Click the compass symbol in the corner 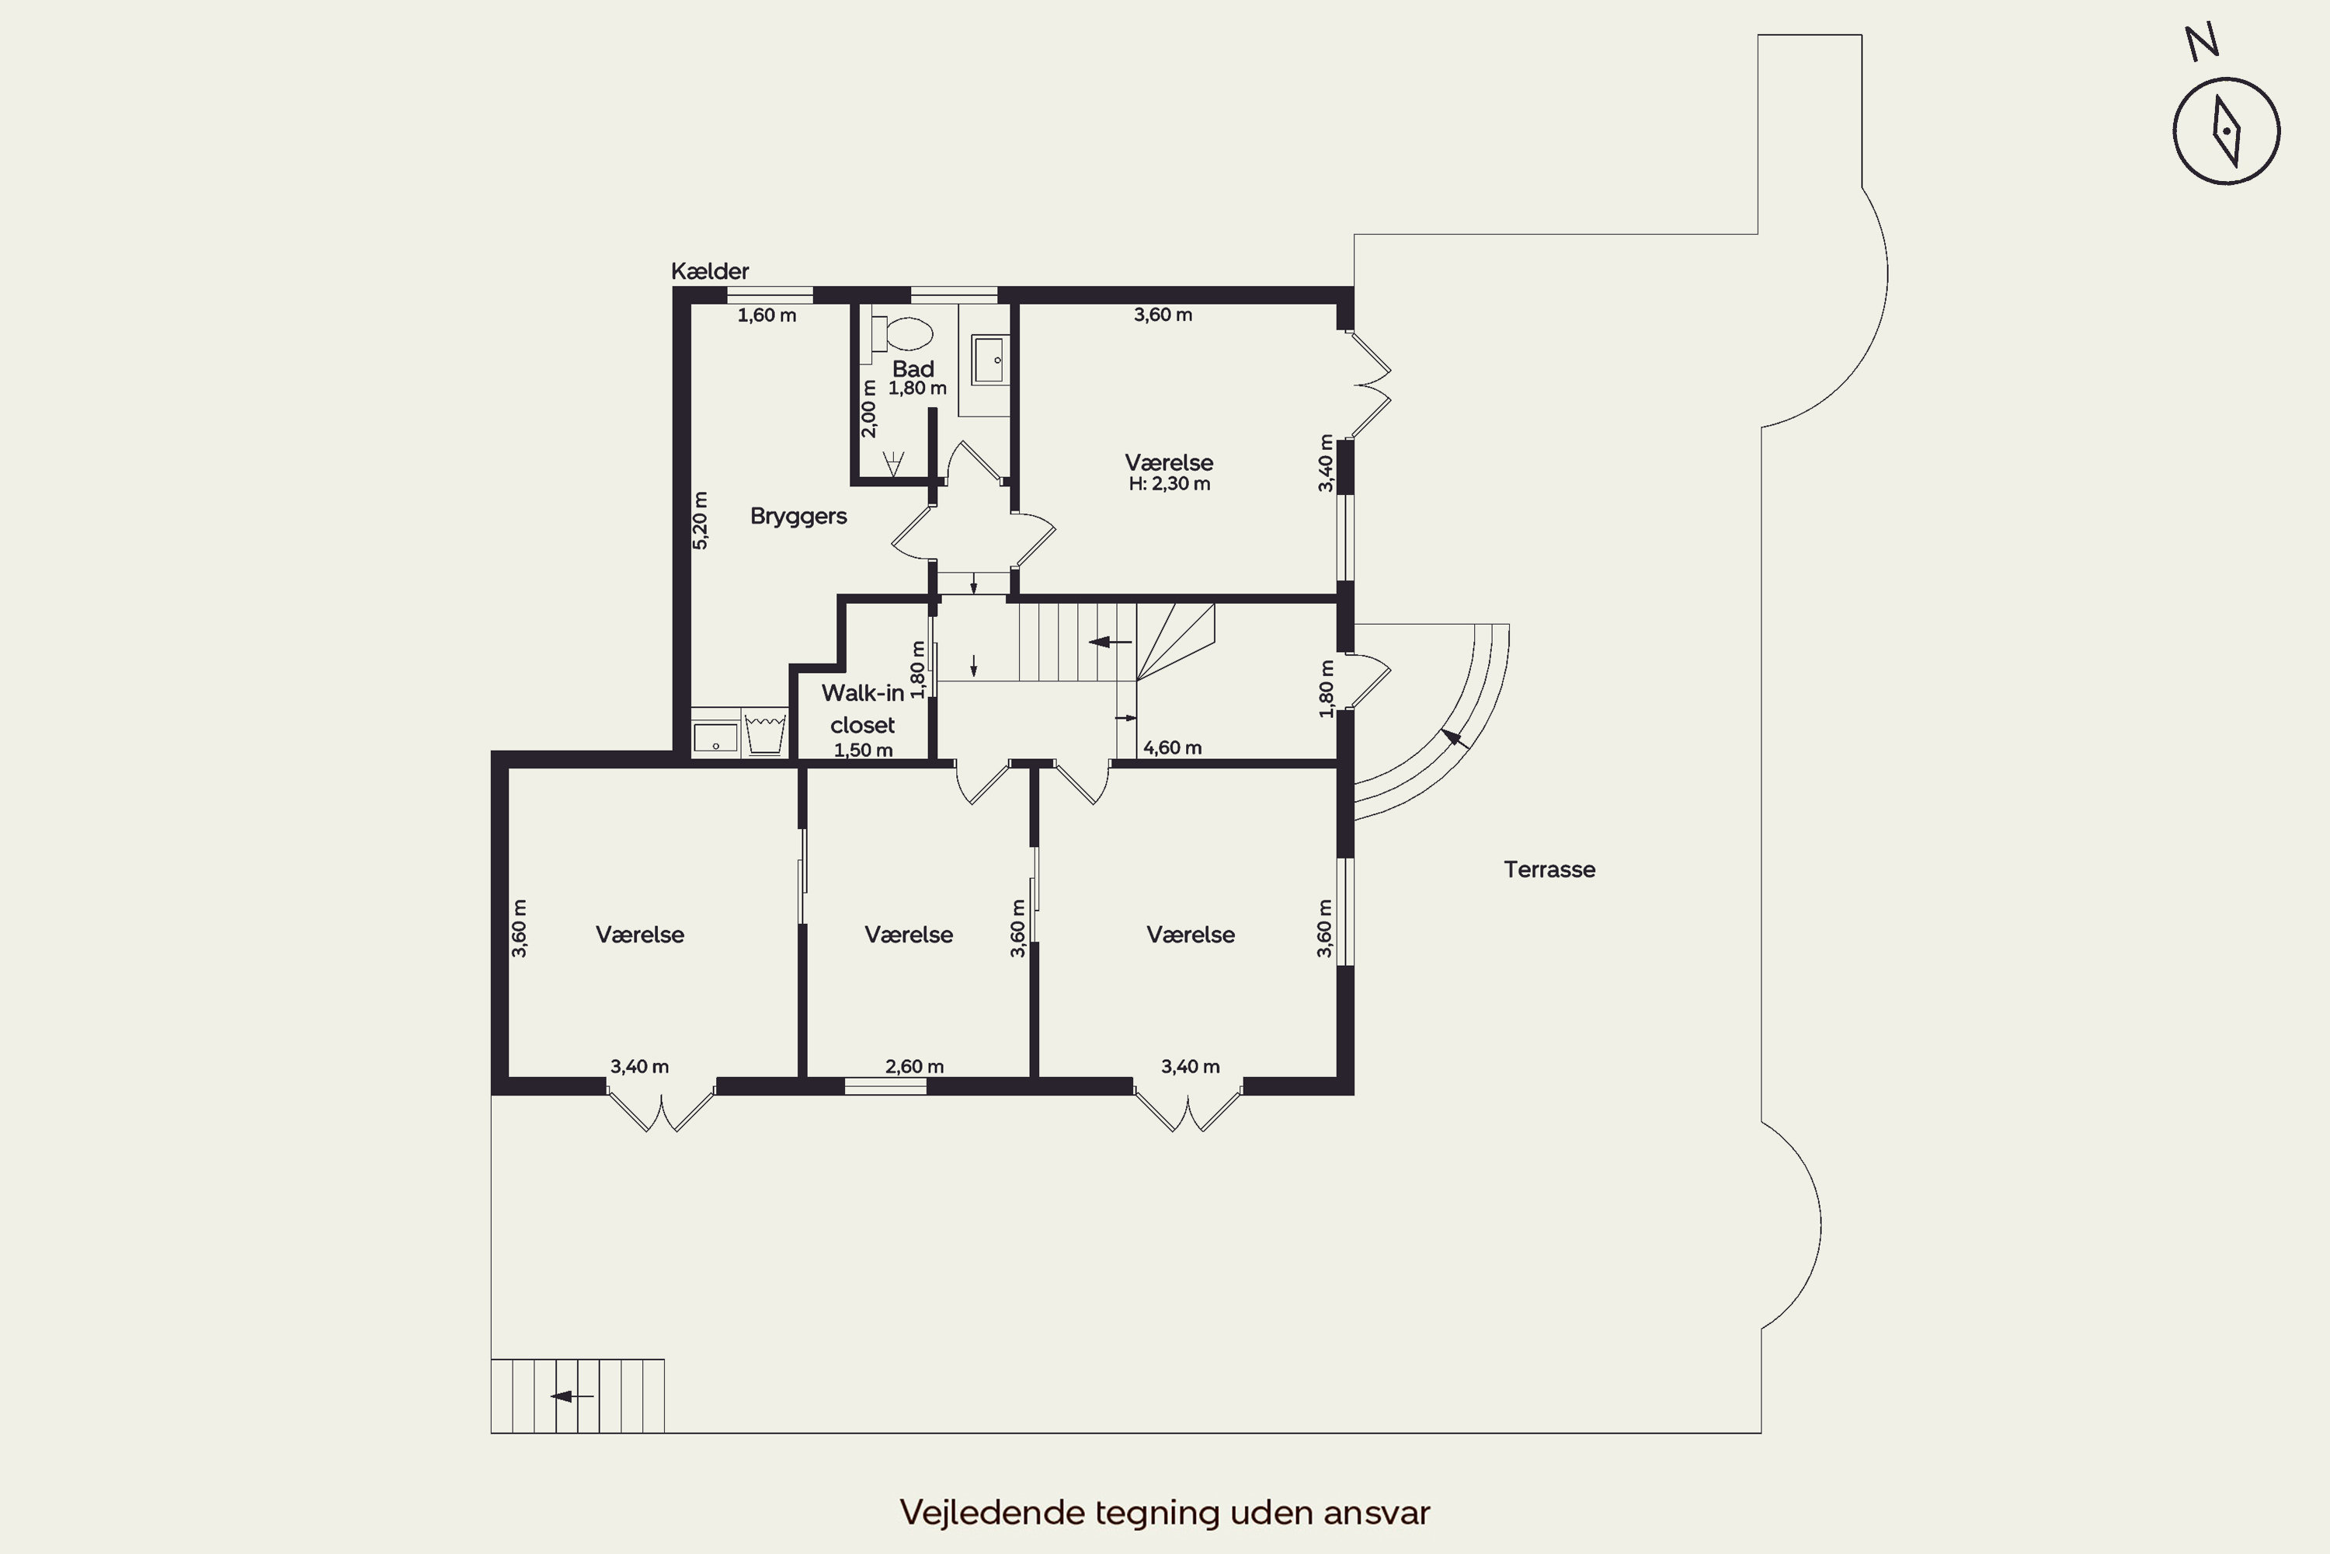pyautogui.click(x=2226, y=131)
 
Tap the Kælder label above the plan pyautogui.click(x=709, y=270)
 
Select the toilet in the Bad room pyautogui.click(x=902, y=333)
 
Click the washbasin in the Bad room pyautogui.click(x=988, y=360)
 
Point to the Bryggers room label pyautogui.click(x=798, y=517)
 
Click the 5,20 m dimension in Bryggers pyautogui.click(x=701, y=521)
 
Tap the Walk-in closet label pyautogui.click(x=863, y=709)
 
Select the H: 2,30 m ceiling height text pyautogui.click(x=1169, y=483)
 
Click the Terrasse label pyautogui.click(x=1549, y=869)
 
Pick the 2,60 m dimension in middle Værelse pyautogui.click(x=914, y=1066)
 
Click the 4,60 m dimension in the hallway pyautogui.click(x=1172, y=747)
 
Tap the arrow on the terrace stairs pyautogui.click(x=572, y=1396)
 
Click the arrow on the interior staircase pyautogui.click(x=1110, y=643)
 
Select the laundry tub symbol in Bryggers pyautogui.click(x=765, y=733)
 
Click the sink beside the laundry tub pyautogui.click(x=715, y=738)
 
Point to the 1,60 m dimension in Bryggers pyautogui.click(x=767, y=315)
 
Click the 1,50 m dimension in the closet pyautogui.click(x=863, y=751)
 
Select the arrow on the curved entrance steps pyautogui.click(x=1455, y=738)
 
